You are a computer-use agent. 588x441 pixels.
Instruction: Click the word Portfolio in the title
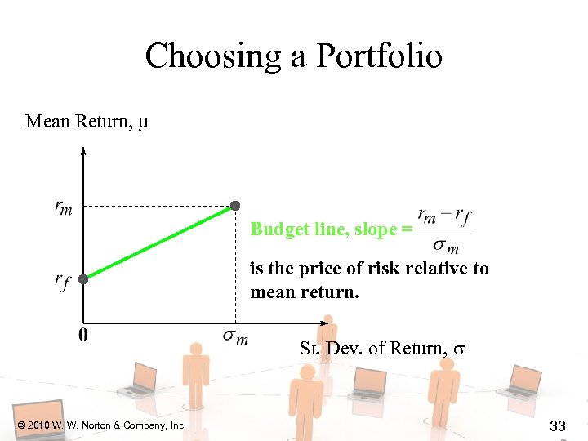[x=379, y=57]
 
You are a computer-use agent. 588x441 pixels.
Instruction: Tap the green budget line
[x=159, y=241]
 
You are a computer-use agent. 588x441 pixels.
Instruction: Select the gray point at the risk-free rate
[x=82, y=278]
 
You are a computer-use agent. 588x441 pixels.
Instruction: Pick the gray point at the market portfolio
[x=234, y=205]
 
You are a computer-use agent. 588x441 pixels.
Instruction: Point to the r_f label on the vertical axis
[x=63, y=281]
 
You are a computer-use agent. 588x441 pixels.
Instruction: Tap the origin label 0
[x=83, y=334]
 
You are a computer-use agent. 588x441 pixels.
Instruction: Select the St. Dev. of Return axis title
[x=381, y=349]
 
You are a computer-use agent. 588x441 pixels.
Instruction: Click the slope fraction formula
[x=444, y=230]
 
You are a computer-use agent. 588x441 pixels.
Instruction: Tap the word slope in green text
[x=375, y=229]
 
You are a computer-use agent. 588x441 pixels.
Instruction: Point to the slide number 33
[x=558, y=425]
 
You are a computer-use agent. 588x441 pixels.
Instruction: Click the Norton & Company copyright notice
[x=101, y=425]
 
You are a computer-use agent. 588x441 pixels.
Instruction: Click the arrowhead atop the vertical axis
[x=83, y=149]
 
